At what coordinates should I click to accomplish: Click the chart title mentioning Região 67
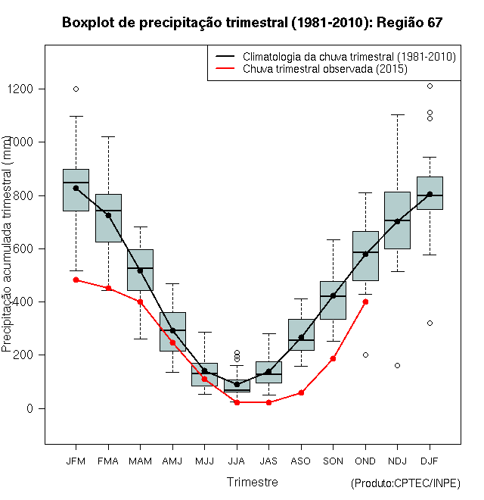pyautogui.click(x=252, y=23)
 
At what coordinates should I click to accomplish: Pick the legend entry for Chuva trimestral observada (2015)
pyautogui.click(x=325, y=69)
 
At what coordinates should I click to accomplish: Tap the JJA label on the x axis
pyautogui.click(x=237, y=461)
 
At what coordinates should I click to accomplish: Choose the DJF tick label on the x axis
pyautogui.click(x=430, y=461)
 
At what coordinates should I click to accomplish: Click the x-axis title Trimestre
pyautogui.click(x=253, y=482)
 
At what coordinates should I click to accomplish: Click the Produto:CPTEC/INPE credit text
pyautogui.click(x=406, y=483)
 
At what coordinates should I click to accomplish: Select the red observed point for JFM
pyautogui.click(x=76, y=280)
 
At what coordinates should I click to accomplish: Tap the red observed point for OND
pyautogui.click(x=365, y=302)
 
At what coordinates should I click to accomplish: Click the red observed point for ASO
pyautogui.click(x=301, y=392)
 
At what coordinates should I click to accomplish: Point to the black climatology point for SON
pyautogui.click(x=334, y=295)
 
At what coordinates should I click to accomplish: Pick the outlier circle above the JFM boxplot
pyautogui.click(x=76, y=89)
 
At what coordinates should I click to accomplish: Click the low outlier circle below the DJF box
pyautogui.click(x=430, y=323)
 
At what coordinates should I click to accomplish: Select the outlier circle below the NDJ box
pyautogui.click(x=398, y=365)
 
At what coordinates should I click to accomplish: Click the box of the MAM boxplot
pyautogui.click(x=140, y=270)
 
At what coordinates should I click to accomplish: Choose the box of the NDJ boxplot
pyautogui.click(x=398, y=220)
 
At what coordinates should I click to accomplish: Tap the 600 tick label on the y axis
pyautogui.click(x=23, y=248)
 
